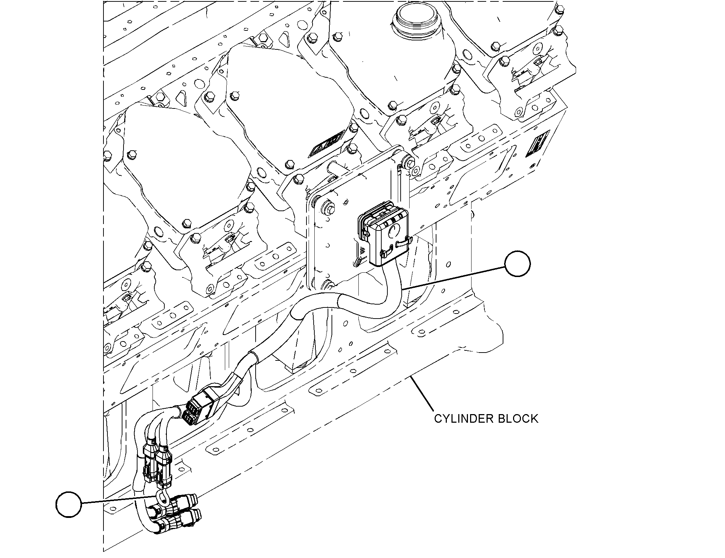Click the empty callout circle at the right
point(517,263)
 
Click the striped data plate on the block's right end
point(537,142)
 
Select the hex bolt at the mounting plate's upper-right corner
point(407,161)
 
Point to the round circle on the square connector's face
point(394,231)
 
